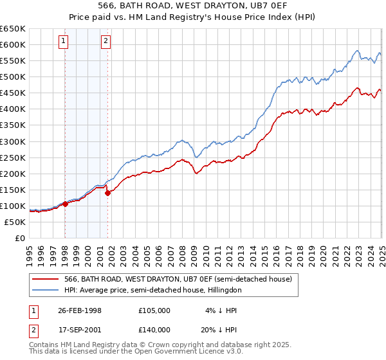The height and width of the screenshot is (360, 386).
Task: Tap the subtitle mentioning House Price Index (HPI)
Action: pyautogui.click(x=192, y=17)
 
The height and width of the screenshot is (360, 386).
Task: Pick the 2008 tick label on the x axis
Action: pyautogui.click(x=182, y=252)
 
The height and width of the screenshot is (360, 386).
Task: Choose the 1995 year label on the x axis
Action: pyautogui.click(x=30, y=252)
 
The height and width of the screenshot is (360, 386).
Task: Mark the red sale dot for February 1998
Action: pyautogui.click(x=66, y=204)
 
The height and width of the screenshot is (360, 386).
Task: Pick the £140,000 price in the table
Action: pyautogui.click(x=154, y=328)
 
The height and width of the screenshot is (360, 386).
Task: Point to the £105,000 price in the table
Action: pyautogui.click(x=154, y=310)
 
